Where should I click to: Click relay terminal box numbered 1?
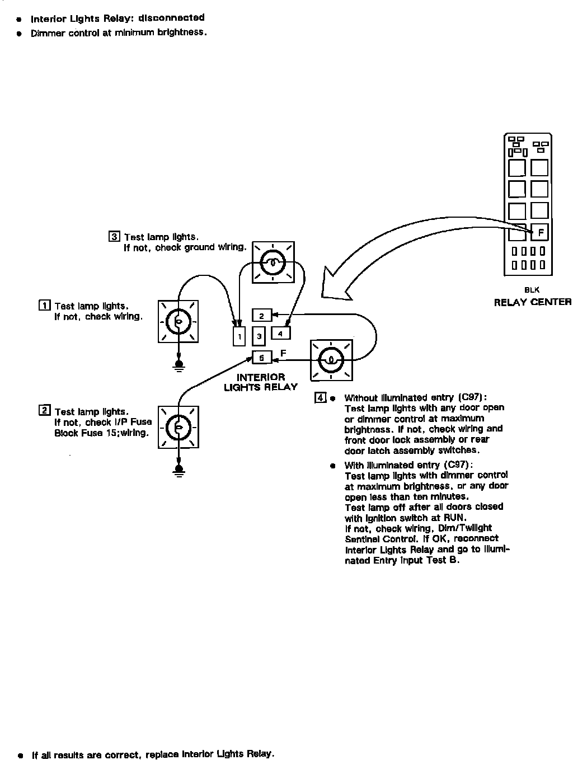click(x=239, y=336)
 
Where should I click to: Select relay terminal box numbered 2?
click(x=261, y=316)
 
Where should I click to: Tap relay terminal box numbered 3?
click(x=259, y=336)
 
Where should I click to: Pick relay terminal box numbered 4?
click(x=280, y=332)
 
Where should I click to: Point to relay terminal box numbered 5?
click(x=261, y=357)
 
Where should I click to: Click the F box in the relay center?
click(x=539, y=231)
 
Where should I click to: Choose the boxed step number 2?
click(x=44, y=411)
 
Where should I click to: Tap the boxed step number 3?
click(x=114, y=236)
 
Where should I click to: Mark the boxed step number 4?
click(x=320, y=398)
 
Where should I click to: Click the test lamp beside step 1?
click(x=179, y=321)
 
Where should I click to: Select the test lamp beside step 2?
click(x=179, y=427)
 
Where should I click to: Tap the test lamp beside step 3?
click(x=273, y=262)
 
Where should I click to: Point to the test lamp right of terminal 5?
click(x=331, y=359)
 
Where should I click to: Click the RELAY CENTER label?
click(x=532, y=302)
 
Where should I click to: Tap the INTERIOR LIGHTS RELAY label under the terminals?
click(x=261, y=382)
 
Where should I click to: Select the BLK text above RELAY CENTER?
click(x=532, y=290)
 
